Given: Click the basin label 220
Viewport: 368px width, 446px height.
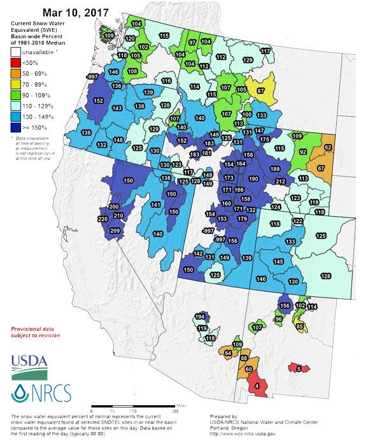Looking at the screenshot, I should [x=103, y=219].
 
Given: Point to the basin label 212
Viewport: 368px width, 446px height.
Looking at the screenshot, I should [x=280, y=182].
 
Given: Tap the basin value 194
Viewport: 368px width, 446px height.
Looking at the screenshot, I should [x=200, y=317].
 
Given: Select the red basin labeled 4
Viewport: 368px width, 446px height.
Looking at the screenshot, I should [x=257, y=385].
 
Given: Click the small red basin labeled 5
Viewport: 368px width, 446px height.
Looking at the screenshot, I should [x=298, y=368].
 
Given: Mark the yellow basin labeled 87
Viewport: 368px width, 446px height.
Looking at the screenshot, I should [x=260, y=91].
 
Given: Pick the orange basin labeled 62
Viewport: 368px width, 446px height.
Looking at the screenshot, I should [x=328, y=147].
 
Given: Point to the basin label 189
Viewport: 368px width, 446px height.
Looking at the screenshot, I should [x=274, y=169].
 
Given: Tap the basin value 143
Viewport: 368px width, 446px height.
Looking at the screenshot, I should [x=117, y=109].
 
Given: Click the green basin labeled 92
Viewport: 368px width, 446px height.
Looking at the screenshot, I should [x=303, y=152].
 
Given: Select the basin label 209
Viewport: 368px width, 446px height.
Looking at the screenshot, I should [x=115, y=230].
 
